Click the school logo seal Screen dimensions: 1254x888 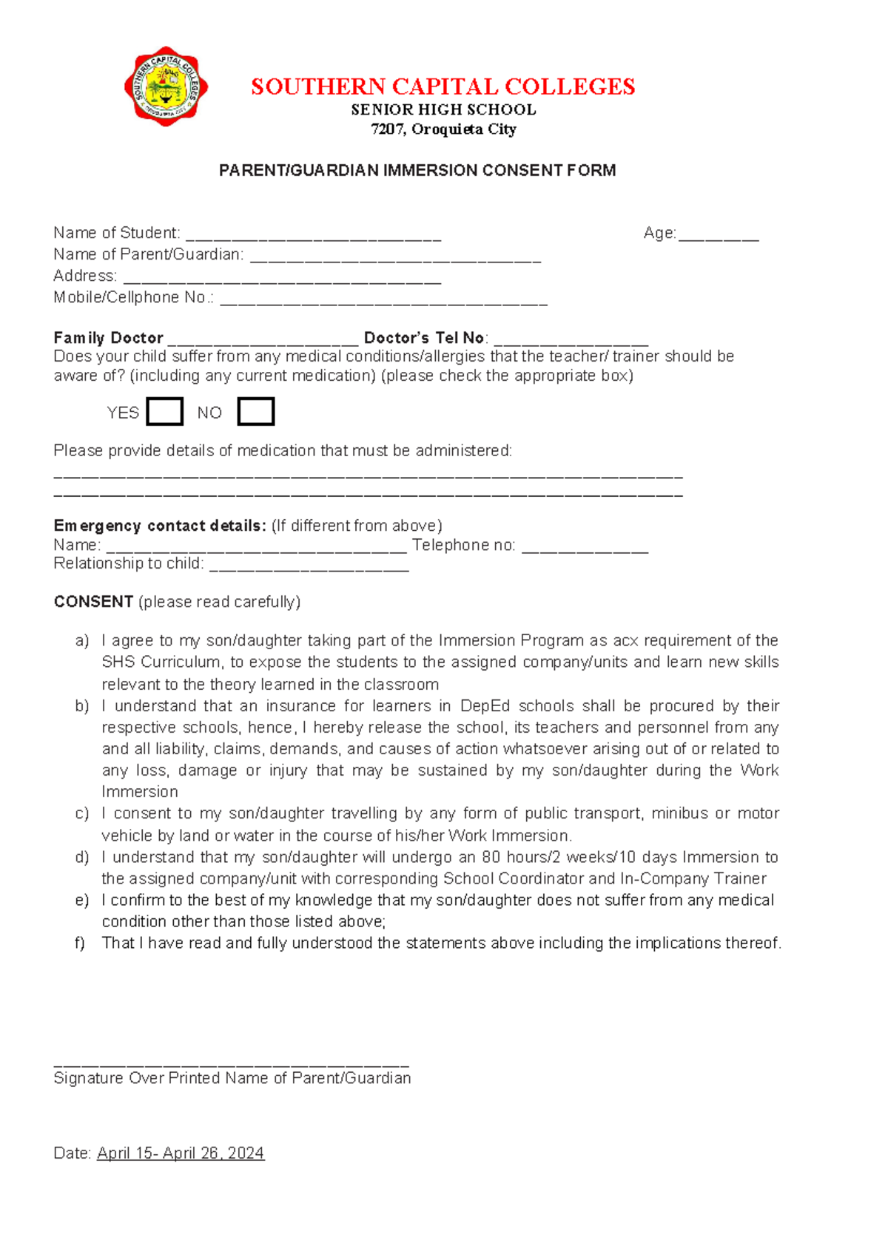(166, 87)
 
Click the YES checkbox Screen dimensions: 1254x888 (164, 412)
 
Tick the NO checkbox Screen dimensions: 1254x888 (255, 412)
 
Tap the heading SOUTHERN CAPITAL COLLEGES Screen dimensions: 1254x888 (443, 87)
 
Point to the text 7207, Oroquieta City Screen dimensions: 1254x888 (443, 129)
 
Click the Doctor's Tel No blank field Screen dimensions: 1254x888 (571, 341)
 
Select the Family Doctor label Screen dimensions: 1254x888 (108, 338)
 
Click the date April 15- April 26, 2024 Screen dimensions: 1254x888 (180, 1153)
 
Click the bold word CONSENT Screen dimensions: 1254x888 (93, 601)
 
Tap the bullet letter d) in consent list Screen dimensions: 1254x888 (81, 857)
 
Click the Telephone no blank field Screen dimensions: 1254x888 (585, 548)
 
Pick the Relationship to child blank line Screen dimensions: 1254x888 (309, 566)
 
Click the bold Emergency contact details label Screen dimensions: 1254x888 (159, 526)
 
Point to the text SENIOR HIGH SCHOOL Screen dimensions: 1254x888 (443, 109)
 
